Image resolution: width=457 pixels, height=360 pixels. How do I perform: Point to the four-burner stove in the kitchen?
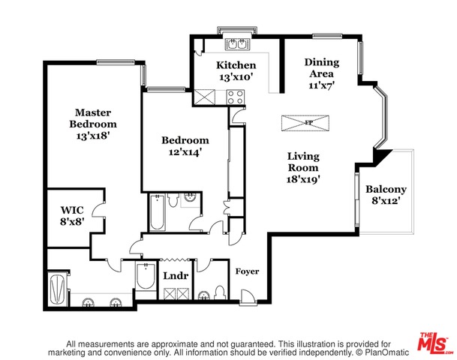[235, 97]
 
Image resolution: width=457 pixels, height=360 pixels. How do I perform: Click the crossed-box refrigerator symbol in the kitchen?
[203, 97]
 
